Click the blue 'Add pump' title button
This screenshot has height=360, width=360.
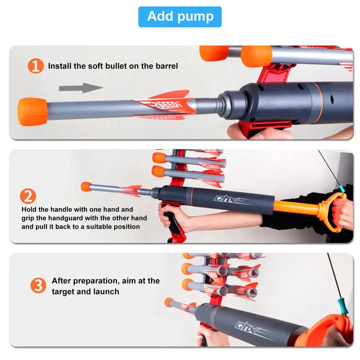pyautogui.click(x=180, y=17)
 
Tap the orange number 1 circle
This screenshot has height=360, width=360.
pyautogui.click(x=36, y=66)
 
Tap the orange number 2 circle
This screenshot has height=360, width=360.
pyautogui.click(x=28, y=196)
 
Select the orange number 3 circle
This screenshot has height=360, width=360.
pyautogui.click(x=38, y=286)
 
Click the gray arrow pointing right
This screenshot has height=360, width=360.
pyautogui.click(x=81, y=87)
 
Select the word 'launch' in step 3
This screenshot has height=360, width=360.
pyautogui.click(x=106, y=291)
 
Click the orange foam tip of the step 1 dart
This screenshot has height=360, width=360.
pyautogui.click(x=32, y=111)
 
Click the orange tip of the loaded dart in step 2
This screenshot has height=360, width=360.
pyautogui.click(x=86, y=186)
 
